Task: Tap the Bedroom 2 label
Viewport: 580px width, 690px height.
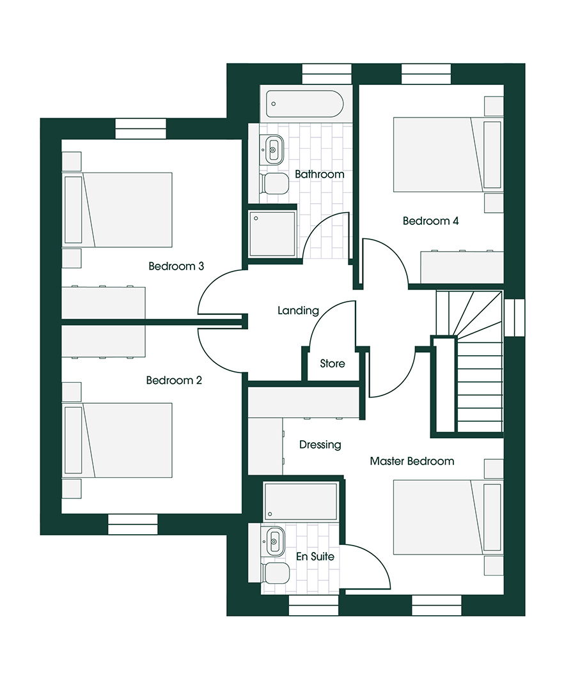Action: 174,380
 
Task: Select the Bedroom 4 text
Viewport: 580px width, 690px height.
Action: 430,221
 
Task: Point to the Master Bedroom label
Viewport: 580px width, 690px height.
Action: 412,461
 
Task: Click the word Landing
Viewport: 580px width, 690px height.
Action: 298,310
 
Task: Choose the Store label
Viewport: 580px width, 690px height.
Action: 332,364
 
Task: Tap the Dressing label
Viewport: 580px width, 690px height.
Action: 320,444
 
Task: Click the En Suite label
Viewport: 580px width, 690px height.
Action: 315,556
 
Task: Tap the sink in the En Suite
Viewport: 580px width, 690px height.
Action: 275,542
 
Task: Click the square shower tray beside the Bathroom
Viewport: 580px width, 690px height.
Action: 272,234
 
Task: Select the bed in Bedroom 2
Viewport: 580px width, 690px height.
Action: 118,440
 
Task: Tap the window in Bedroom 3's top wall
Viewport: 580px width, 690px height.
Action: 141,128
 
